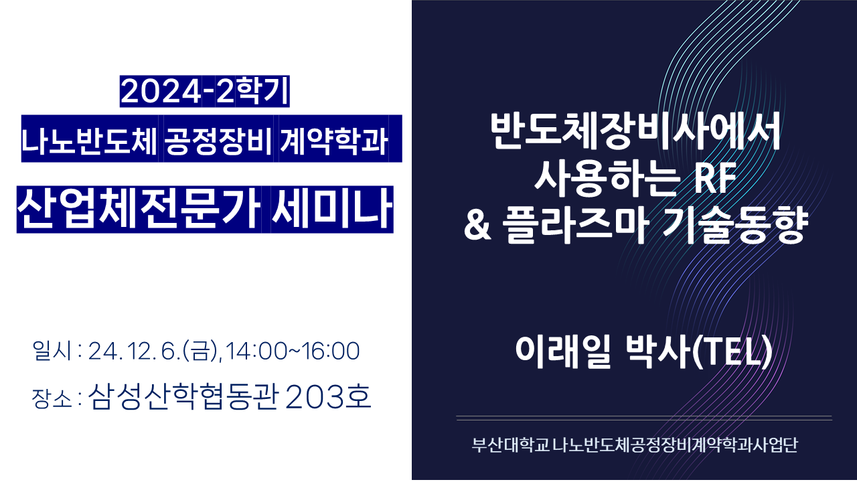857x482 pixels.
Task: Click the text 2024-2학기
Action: pyautogui.click(x=205, y=92)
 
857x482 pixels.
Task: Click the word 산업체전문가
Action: pyautogui.click(x=139, y=210)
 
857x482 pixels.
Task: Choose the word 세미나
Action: pyautogui.click(x=332, y=210)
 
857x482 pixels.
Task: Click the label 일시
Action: pyautogui.click(x=52, y=351)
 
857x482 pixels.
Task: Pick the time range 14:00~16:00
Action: pyautogui.click(x=293, y=351)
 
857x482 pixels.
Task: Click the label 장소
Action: pyautogui.click(x=52, y=399)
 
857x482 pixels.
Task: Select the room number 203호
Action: pyautogui.click(x=328, y=397)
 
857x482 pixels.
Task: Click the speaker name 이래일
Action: pyautogui.click(x=563, y=351)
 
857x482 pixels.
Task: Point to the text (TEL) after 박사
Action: pyautogui.click(x=732, y=352)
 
